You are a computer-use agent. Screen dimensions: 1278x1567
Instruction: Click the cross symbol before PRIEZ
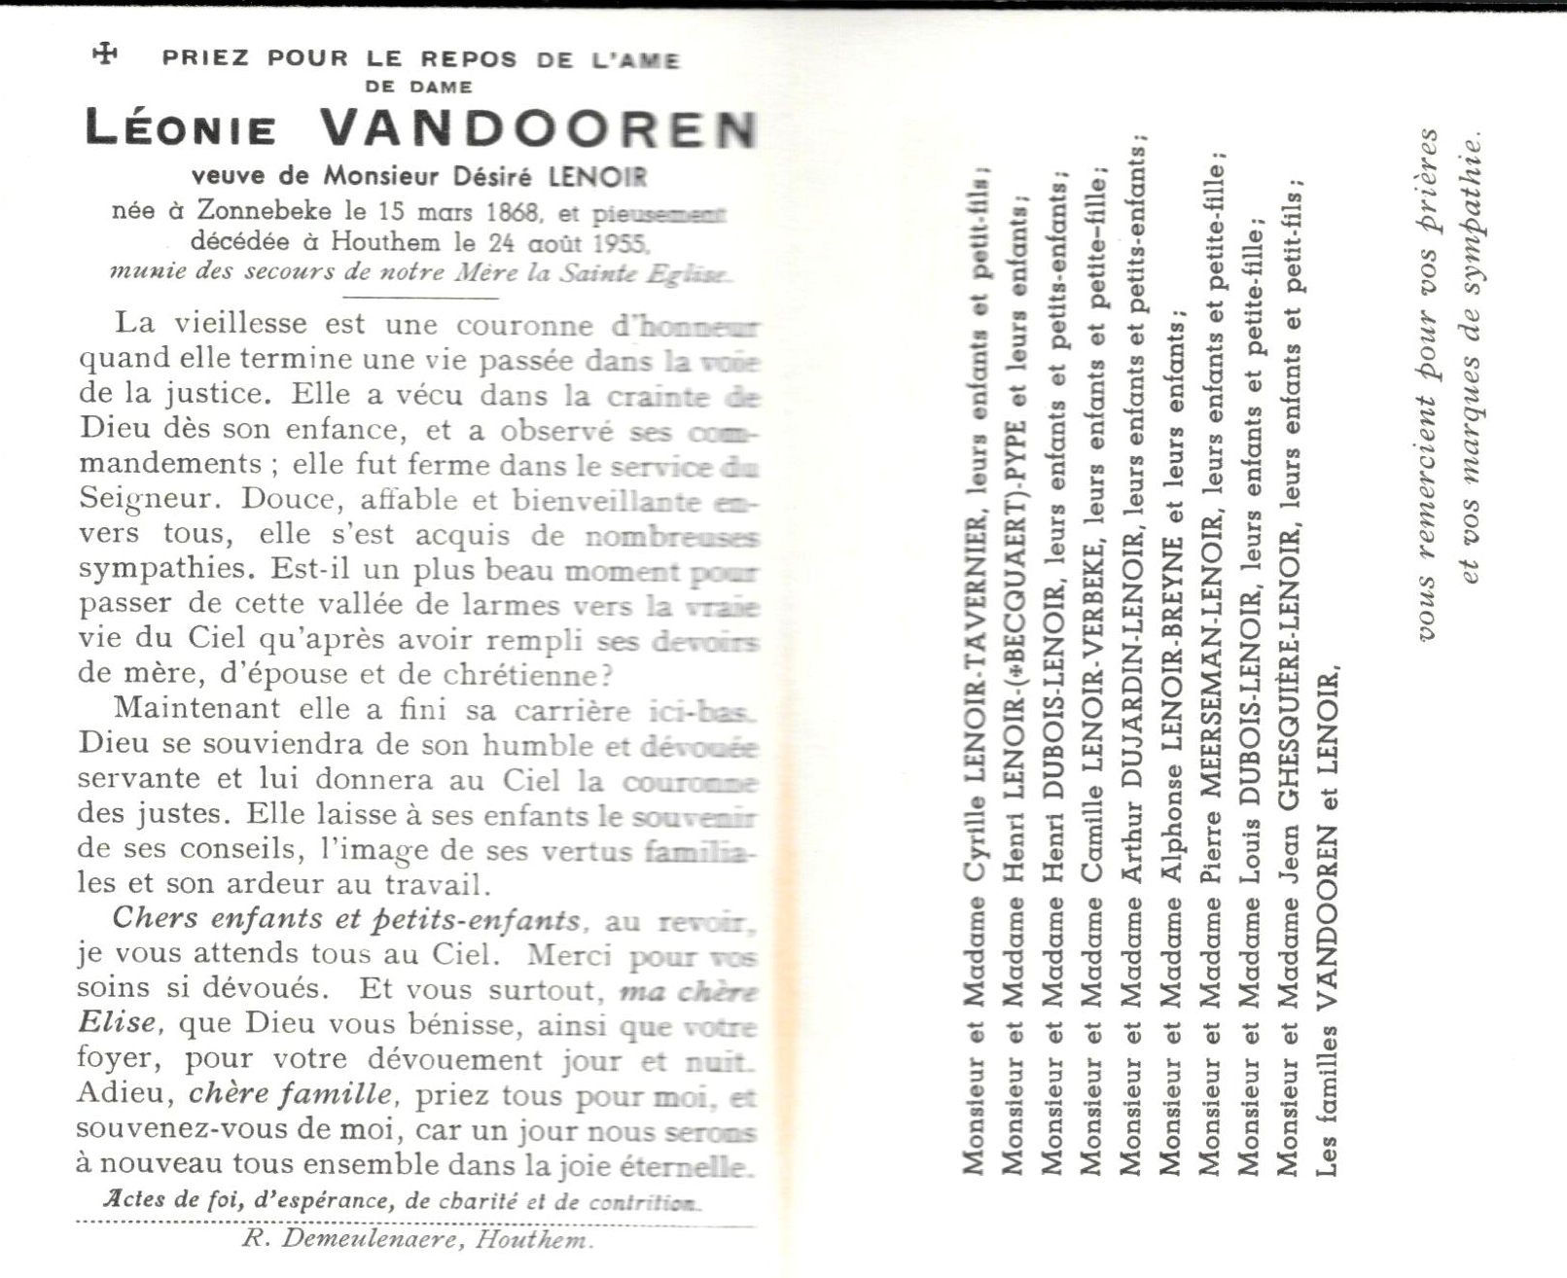tap(105, 54)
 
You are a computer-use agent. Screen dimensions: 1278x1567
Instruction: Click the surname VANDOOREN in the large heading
tap(538, 127)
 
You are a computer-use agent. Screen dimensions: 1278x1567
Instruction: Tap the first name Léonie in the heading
tap(182, 128)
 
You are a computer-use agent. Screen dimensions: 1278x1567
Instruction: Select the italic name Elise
tap(117, 1023)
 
